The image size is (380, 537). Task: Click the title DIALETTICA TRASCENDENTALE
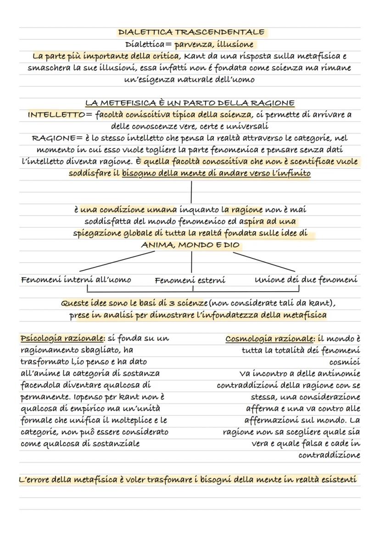[191, 32]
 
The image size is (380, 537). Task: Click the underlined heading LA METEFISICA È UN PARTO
[190, 103]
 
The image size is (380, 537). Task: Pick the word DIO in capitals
[232, 245]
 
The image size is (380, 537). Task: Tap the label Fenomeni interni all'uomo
[76, 279]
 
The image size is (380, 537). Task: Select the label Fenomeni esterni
[190, 280]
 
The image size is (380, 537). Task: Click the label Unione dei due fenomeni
[306, 279]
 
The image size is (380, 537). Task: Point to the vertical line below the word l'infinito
[191, 192]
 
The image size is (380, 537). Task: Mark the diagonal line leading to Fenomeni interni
[117, 261]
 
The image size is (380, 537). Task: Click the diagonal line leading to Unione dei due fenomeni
[264, 261]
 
